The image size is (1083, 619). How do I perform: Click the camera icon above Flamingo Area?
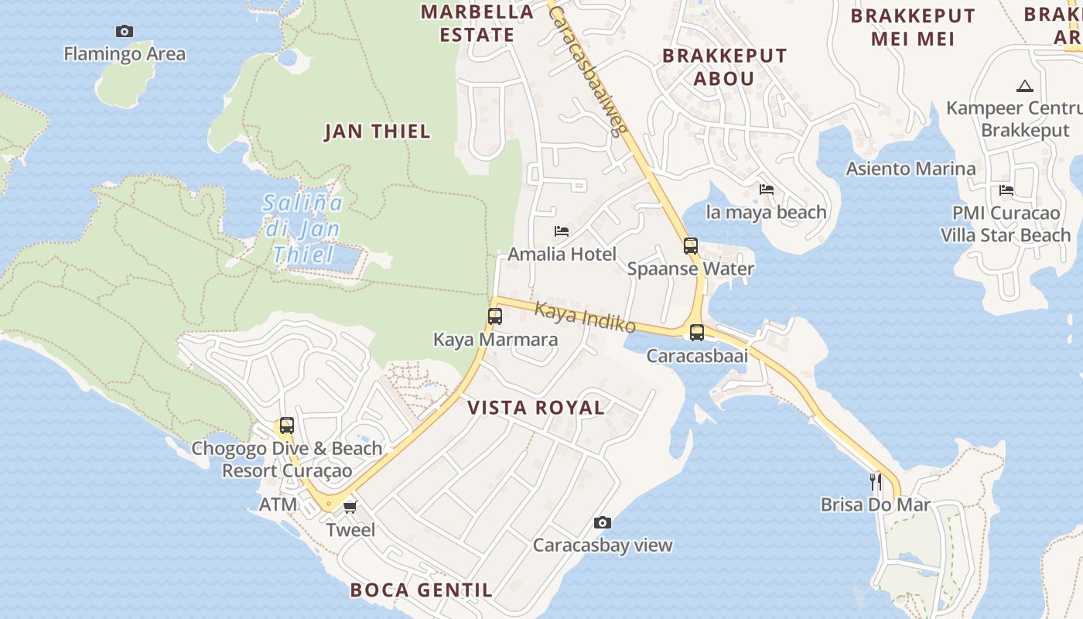(124, 32)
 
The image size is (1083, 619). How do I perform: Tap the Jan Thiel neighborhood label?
(378, 132)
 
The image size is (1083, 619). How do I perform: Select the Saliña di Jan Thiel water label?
(303, 229)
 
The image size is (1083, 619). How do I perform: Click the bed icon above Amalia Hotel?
(562, 231)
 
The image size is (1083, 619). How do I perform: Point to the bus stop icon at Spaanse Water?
(691, 246)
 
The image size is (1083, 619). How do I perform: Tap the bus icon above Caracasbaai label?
(697, 333)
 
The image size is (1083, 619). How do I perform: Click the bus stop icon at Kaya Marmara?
(495, 316)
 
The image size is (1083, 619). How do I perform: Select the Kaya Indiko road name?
(586, 317)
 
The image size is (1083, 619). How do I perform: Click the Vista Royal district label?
(535, 408)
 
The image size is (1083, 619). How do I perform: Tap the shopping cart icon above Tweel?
(350, 507)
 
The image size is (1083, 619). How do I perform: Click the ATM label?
(278, 505)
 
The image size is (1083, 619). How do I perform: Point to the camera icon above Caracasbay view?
(603, 523)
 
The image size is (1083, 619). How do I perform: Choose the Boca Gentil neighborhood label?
(421, 590)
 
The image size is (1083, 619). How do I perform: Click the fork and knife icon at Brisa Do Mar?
(876, 482)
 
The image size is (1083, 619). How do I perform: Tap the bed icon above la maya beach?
(767, 190)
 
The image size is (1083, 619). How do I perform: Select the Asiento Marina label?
(910, 169)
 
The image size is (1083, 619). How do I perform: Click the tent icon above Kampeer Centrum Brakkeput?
(1025, 86)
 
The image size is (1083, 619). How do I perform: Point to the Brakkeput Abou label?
(724, 67)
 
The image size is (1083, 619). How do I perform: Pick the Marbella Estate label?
(477, 23)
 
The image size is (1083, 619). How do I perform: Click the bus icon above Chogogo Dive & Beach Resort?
(287, 426)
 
